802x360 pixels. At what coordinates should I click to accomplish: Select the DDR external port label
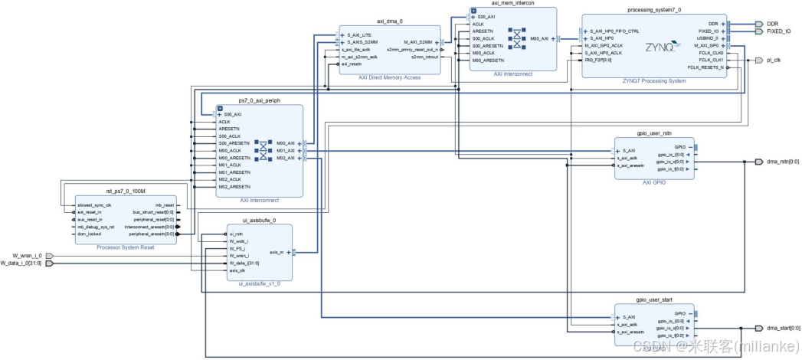click(x=772, y=24)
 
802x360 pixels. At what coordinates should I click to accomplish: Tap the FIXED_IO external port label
click(x=778, y=31)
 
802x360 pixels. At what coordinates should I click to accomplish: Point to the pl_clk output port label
click(x=774, y=60)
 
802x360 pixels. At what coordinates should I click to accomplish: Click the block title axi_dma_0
click(x=389, y=22)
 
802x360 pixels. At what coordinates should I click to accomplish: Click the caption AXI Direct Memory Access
click(x=389, y=78)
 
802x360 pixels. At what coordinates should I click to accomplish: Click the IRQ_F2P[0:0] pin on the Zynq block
click(x=598, y=60)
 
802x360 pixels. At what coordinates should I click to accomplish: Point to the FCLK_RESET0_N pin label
click(x=705, y=67)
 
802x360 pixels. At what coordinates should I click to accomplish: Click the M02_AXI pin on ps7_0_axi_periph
click(x=285, y=158)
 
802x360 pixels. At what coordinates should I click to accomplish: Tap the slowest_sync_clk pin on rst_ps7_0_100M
click(x=95, y=205)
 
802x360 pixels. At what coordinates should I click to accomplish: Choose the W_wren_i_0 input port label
click(x=28, y=255)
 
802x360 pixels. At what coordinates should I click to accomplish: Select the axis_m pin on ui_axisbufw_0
click(x=277, y=251)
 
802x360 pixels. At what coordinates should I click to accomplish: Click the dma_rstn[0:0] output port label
click(x=777, y=162)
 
